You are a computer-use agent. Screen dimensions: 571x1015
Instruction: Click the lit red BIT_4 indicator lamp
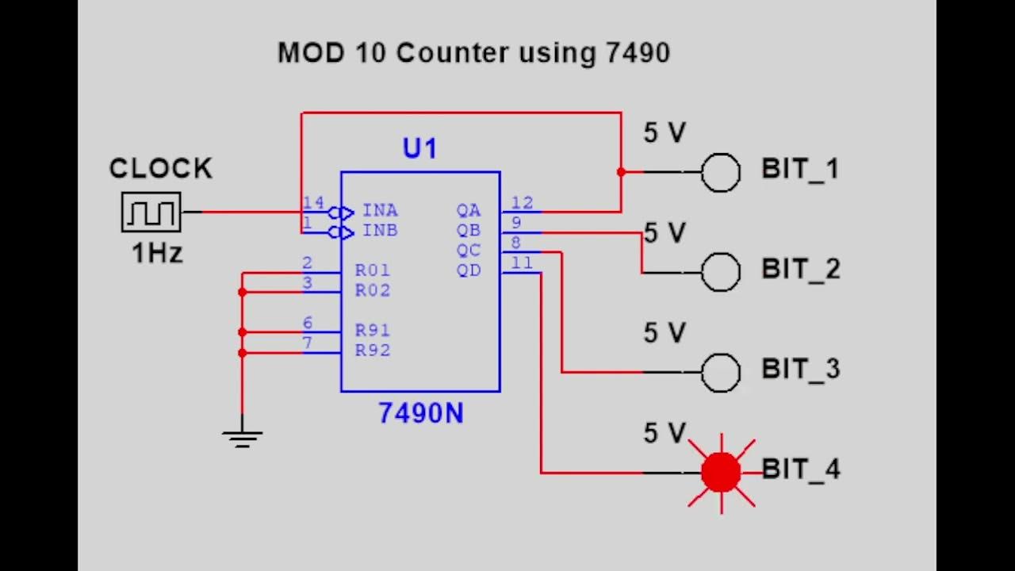(x=721, y=473)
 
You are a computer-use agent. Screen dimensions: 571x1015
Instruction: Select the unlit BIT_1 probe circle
(x=721, y=172)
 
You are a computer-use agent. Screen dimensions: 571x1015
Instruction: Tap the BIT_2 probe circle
(x=721, y=272)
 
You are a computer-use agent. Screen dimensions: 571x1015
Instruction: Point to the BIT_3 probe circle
(x=721, y=372)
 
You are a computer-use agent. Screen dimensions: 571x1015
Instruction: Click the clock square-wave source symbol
(x=151, y=213)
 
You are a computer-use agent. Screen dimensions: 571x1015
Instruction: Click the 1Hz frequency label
(x=157, y=254)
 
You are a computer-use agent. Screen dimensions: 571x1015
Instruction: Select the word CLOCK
(x=161, y=169)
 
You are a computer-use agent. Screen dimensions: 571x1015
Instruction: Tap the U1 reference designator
(x=419, y=149)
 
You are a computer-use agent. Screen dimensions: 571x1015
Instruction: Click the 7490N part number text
(x=420, y=413)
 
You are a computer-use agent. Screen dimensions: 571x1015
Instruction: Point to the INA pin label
(x=380, y=211)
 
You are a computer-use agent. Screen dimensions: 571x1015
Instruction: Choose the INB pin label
(x=380, y=231)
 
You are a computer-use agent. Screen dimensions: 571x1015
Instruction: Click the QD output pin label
(x=468, y=270)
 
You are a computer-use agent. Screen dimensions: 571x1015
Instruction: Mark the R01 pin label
(x=372, y=270)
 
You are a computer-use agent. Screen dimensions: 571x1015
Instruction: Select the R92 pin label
(x=372, y=351)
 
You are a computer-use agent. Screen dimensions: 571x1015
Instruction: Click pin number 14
(x=313, y=204)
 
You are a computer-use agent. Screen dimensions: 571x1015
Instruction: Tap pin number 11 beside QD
(x=522, y=263)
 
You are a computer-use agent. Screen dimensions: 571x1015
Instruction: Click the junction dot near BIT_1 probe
(x=621, y=172)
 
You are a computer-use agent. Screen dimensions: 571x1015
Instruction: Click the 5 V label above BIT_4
(x=664, y=433)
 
